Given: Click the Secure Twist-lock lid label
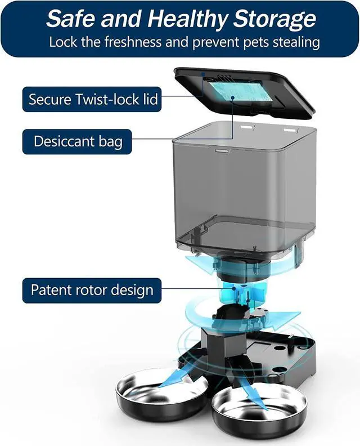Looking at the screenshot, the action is point(93,100).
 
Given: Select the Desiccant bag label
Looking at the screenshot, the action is point(78,141).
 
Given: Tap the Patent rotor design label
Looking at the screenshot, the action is point(92,291).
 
